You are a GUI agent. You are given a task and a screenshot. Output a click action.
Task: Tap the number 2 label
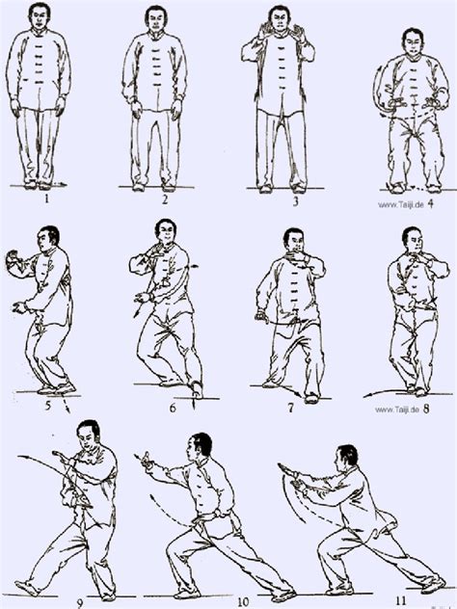[x=165, y=201]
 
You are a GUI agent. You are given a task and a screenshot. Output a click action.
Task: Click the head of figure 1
[x=40, y=18]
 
